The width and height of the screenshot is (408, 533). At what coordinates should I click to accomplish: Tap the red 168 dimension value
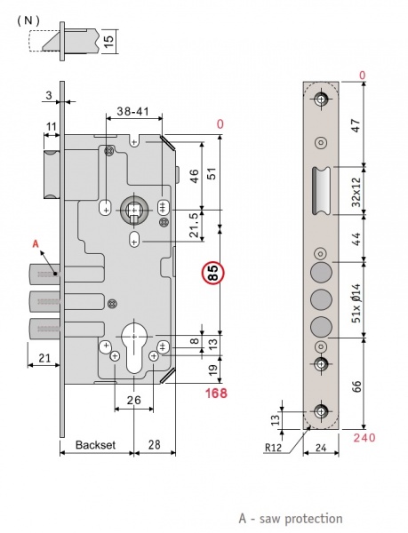[216, 394]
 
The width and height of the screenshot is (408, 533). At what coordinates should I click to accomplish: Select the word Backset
[95, 445]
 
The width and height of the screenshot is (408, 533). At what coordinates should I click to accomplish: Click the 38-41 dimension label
[133, 111]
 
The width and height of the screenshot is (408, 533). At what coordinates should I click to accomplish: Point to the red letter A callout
[36, 243]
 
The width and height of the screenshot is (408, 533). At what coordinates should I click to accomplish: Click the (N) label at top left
[28, 20]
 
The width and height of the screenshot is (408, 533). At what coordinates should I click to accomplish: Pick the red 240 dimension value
[364, 437]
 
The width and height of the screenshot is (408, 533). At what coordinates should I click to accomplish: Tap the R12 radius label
[274, 448]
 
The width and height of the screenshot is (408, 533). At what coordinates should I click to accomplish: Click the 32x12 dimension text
[356, 192]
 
